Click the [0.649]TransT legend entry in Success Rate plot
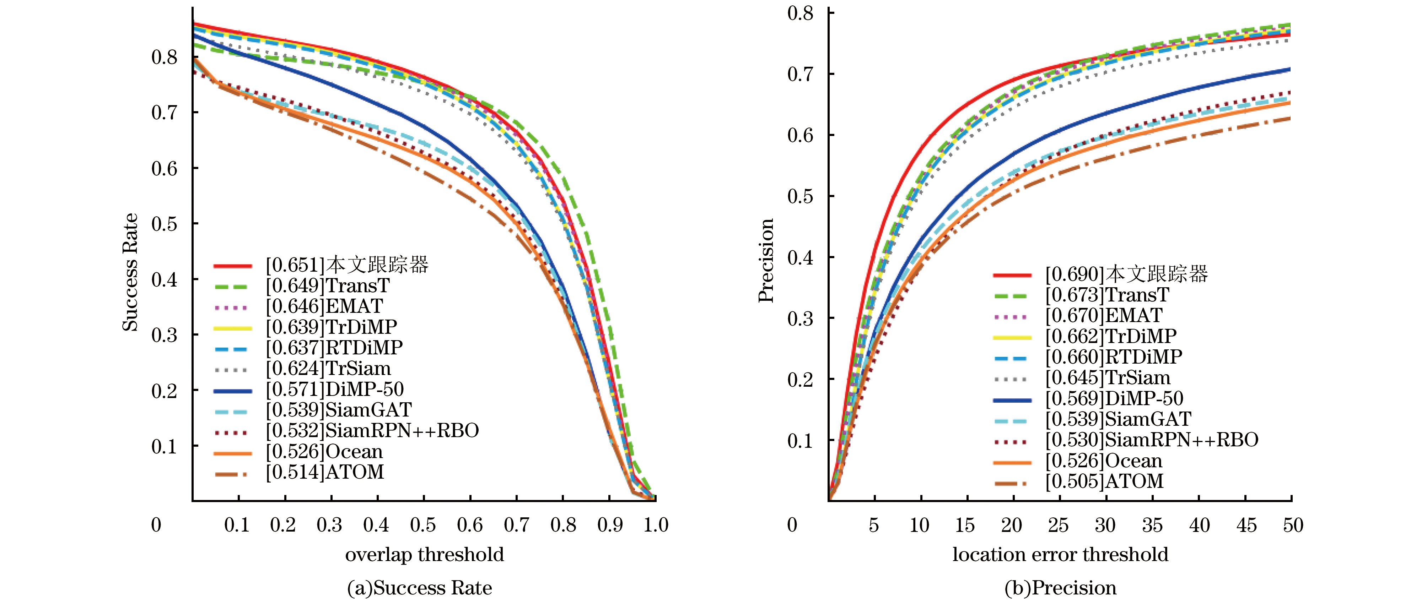327,286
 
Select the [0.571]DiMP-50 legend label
335,390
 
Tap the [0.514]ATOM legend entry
325,473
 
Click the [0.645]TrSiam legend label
1107,378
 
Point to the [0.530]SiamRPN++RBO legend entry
1152,440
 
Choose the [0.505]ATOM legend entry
1104,481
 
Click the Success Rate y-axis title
130,272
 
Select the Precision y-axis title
766,260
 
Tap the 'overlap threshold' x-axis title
424,555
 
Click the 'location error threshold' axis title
1060,555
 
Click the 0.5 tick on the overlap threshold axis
423,525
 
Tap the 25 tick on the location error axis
1058,525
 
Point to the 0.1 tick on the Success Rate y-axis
165,446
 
